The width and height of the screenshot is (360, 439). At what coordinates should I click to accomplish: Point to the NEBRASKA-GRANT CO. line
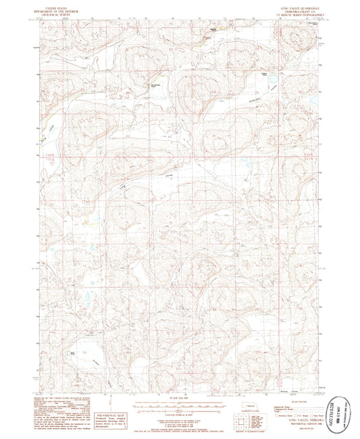(294, 10)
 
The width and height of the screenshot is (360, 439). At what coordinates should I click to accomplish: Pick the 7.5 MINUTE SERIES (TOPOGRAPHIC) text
(294, 14)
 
